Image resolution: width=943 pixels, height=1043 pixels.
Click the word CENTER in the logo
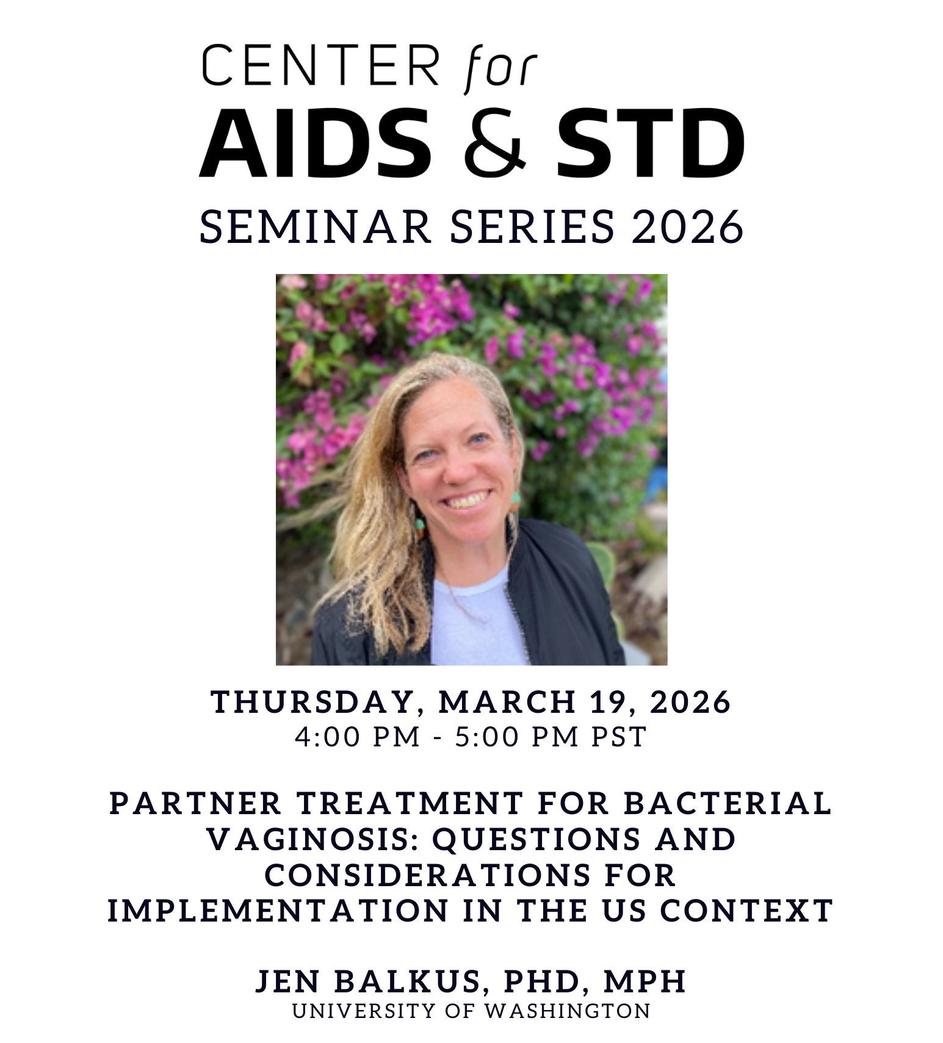320,66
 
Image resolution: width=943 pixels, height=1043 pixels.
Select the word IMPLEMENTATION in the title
278,911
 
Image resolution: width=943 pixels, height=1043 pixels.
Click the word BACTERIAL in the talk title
728,803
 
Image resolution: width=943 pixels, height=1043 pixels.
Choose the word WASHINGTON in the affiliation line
568,1011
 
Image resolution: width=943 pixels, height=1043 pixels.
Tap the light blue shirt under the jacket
474,616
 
